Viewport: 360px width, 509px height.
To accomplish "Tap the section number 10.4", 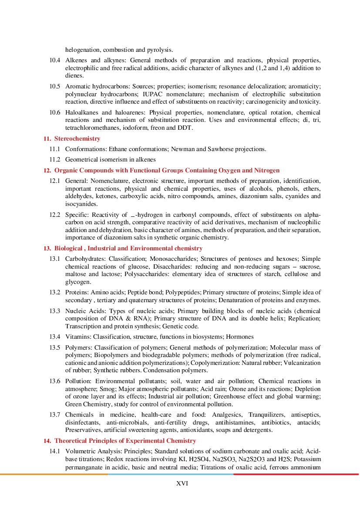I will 55,60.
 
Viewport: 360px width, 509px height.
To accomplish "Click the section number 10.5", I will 55,86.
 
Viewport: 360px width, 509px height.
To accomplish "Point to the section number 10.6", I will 55,112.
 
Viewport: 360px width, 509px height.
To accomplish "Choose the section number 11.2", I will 55,159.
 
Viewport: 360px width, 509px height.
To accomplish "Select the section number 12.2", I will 55,215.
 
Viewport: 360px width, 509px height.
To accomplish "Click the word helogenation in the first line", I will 83,50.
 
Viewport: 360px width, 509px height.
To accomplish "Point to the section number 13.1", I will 55,259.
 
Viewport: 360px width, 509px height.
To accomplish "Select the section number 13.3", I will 55,311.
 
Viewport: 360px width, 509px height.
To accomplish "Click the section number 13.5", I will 55,347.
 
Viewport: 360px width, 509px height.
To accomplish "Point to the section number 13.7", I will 55,415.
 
